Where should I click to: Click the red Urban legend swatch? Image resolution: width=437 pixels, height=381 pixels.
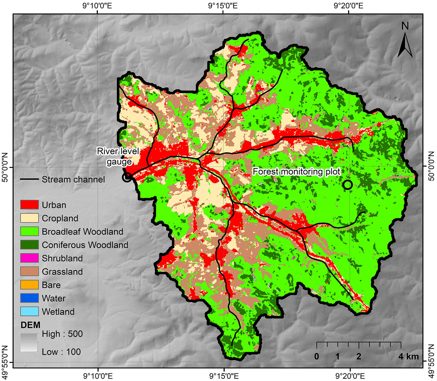(29, 205)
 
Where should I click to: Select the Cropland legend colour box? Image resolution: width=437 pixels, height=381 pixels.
(29, 218)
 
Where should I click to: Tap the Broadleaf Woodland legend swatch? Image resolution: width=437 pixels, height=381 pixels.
(29, 231)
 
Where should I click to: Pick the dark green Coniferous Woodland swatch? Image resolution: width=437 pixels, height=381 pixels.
(29, 245)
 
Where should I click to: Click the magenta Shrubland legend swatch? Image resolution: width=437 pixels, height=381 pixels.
(29, 258)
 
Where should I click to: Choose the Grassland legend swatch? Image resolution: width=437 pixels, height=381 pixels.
(29, 271)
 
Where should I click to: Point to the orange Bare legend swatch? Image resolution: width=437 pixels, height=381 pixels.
(29, 285)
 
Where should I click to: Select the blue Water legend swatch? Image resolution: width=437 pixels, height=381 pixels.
(29, 298)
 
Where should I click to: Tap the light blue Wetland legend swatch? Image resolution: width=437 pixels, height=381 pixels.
(29, 312)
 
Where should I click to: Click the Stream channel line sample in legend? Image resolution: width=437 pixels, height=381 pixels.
(29, 180)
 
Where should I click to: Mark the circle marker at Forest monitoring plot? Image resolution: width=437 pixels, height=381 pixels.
(348, 185)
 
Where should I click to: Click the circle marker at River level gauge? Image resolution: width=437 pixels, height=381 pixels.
(127, 178)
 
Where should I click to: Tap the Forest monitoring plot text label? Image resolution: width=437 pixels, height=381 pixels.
(296, 172)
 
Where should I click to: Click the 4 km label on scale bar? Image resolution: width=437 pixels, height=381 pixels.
(408, 357)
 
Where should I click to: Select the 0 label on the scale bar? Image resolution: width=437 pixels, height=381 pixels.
(317, 357)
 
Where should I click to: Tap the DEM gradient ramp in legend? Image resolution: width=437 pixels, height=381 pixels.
(29, 342)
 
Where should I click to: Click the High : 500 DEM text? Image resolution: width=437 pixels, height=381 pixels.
(62, 334)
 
